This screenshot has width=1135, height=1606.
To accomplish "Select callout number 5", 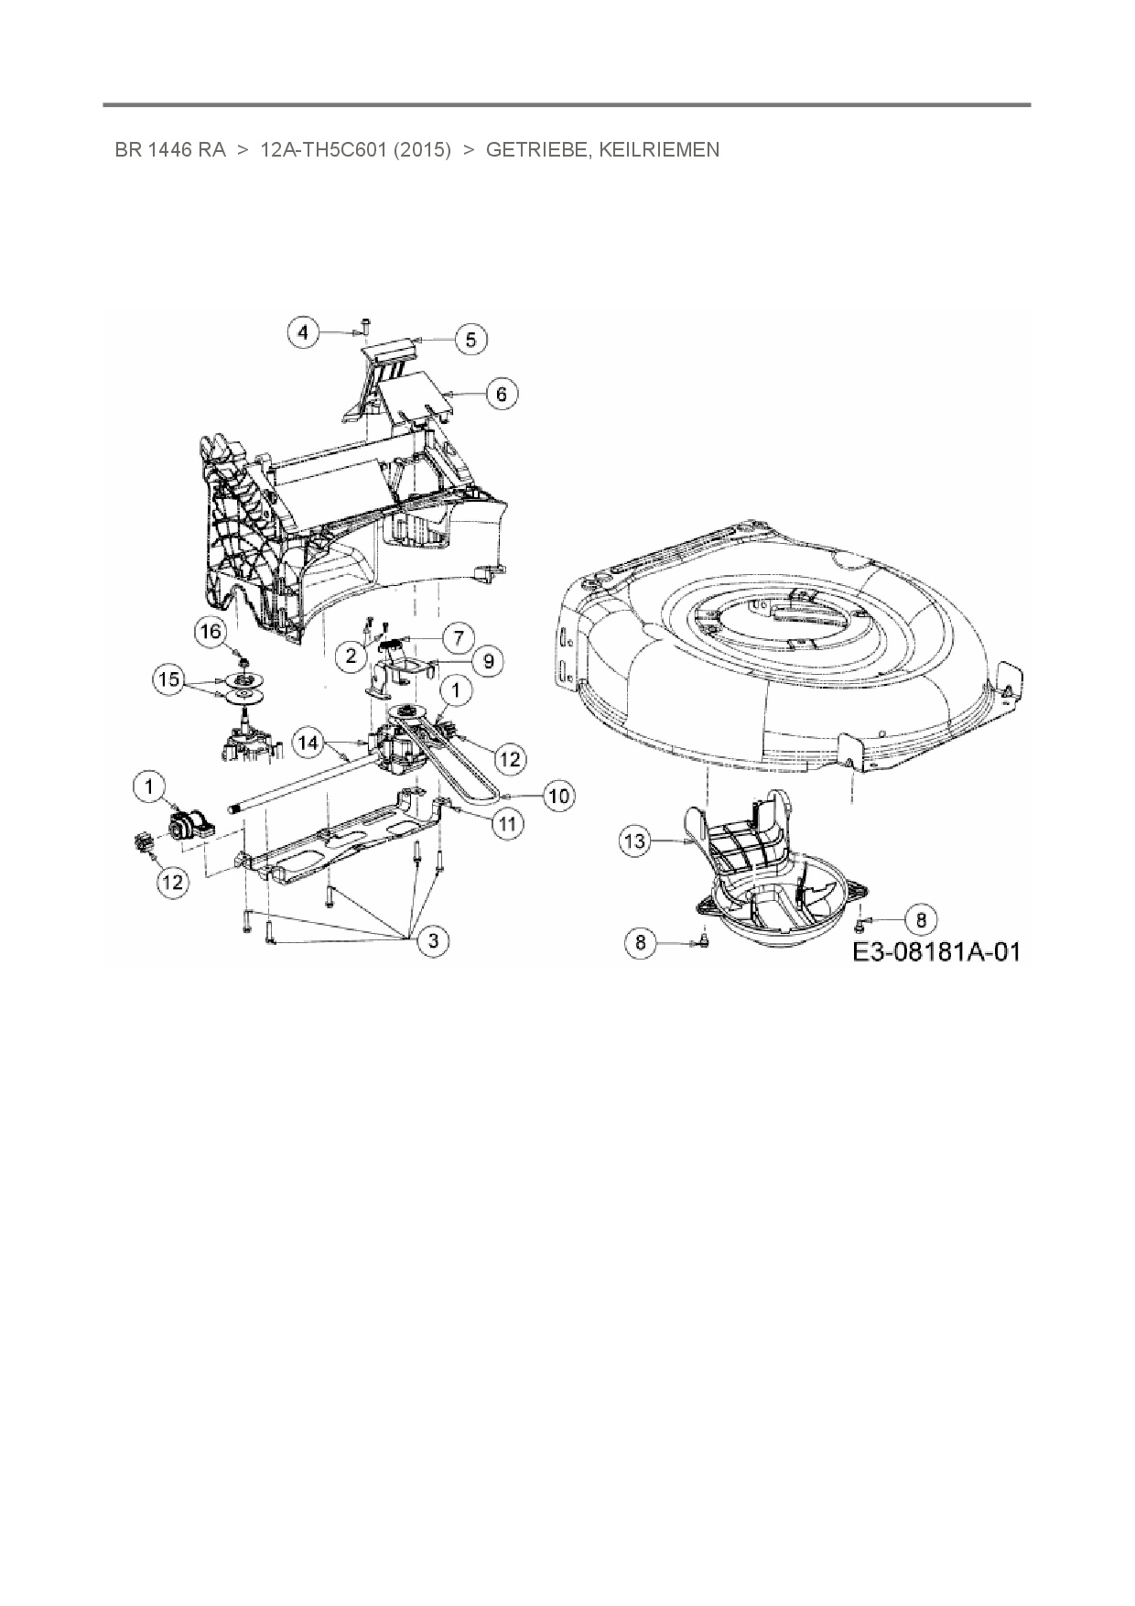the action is tap(470, 340).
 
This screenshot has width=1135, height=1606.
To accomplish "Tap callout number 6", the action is tap(501, 394).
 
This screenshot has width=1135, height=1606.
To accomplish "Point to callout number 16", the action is tap(211, 632).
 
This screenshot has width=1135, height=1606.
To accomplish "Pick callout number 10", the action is tap(558, 796).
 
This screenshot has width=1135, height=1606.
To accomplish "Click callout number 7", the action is tap(459, 635).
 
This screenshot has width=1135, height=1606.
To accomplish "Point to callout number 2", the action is tap(351, 656).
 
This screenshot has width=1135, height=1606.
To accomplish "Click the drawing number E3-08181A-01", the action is tap(935, 951).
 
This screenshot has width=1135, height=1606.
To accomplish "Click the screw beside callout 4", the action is tap(363, 323).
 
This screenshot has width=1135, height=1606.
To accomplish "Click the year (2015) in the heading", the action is tap(422, 149).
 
